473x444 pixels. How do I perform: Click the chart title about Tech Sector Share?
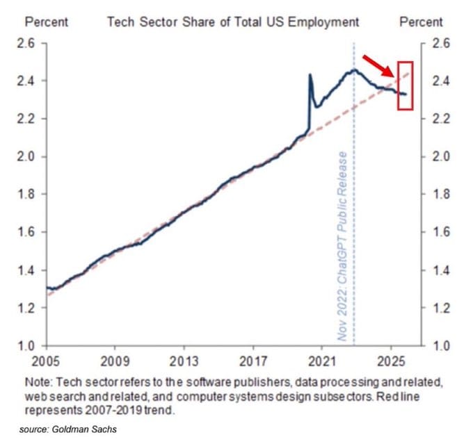pyautogui.click(x=232, y=22)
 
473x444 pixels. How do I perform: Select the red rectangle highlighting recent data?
pyautogui.click(x=404, y=85)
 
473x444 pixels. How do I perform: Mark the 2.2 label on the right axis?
pyautogui.click(x=442, y=119)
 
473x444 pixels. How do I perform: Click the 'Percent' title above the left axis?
pyautogui.click(x=47, y=22)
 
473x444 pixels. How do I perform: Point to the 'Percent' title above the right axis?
pyautogui.click(x=422, y=22)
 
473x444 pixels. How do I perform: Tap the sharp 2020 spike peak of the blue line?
pyautogui.click(x=310, y=74)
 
